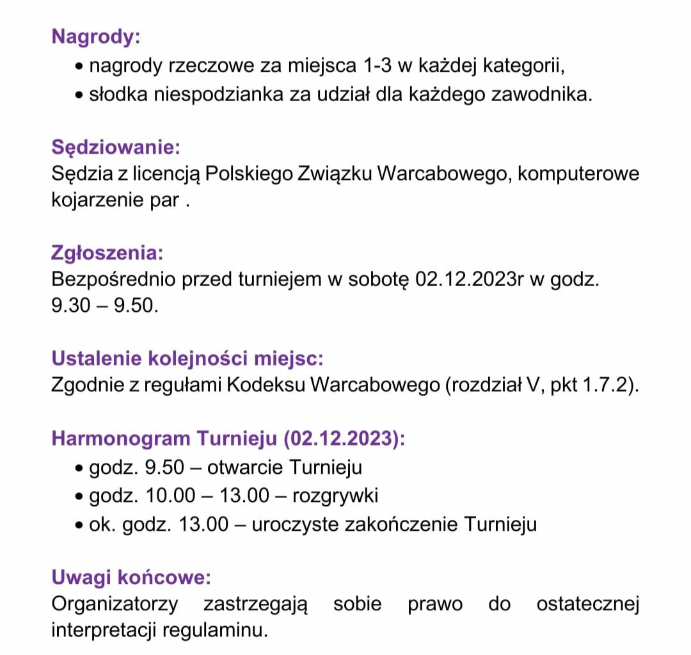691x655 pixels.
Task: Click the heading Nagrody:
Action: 96,36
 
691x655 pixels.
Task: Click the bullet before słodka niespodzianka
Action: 79,95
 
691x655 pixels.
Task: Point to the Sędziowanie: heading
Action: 116,147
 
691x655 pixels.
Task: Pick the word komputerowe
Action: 578,174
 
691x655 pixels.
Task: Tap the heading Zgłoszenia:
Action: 107,252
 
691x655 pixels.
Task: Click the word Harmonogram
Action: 121,439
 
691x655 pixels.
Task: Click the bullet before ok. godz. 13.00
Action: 79,525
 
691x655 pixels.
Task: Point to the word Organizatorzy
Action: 115,604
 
